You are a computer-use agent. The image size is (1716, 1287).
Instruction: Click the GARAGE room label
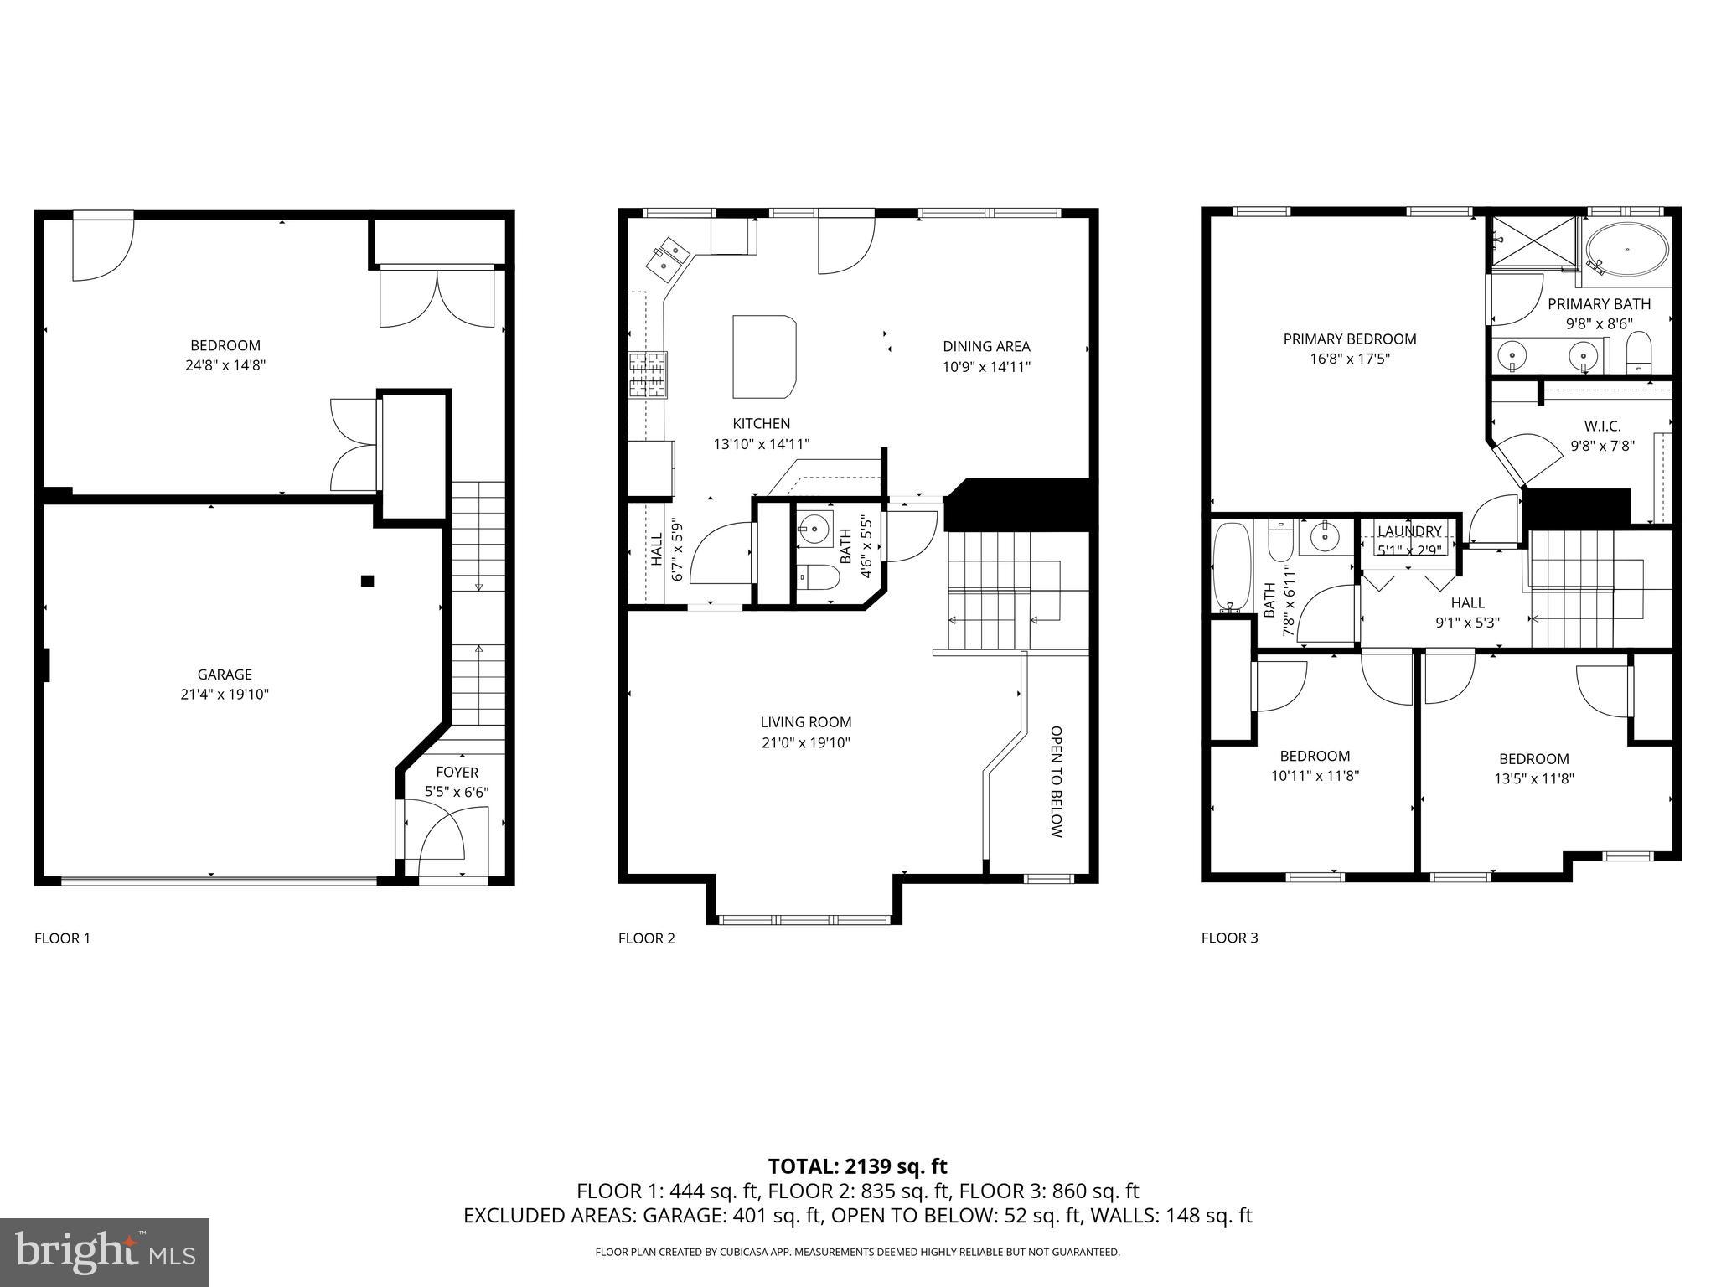[225, 675]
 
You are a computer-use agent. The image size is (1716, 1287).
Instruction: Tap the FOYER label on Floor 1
[457, 773]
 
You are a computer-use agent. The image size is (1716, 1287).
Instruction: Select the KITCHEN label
[761, 424]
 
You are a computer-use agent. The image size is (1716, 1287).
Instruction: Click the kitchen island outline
[763, 356]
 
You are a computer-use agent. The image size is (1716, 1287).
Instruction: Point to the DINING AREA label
[986, 346]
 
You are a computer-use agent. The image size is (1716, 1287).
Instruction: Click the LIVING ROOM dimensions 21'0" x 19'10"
[806, 742]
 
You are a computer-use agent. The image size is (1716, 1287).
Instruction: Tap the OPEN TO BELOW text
[1056, 782]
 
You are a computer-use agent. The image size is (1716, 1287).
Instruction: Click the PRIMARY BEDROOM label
[1349, 339]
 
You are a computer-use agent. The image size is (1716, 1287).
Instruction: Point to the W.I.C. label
[1602, 426]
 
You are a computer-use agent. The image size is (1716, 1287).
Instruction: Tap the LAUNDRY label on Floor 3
[1409, 531]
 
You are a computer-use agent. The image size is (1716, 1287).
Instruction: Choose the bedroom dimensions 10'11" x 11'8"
[1315, 776]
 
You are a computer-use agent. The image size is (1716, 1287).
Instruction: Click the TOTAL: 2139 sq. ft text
[857, 1166]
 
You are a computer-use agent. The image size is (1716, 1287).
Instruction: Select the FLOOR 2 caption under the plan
[646, 938]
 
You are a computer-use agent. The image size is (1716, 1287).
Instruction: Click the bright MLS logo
[105, 1253]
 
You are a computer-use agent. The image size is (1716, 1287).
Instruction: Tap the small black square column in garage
[367, 581]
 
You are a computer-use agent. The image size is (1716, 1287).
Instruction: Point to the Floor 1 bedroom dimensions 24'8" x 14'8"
[225, 365]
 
